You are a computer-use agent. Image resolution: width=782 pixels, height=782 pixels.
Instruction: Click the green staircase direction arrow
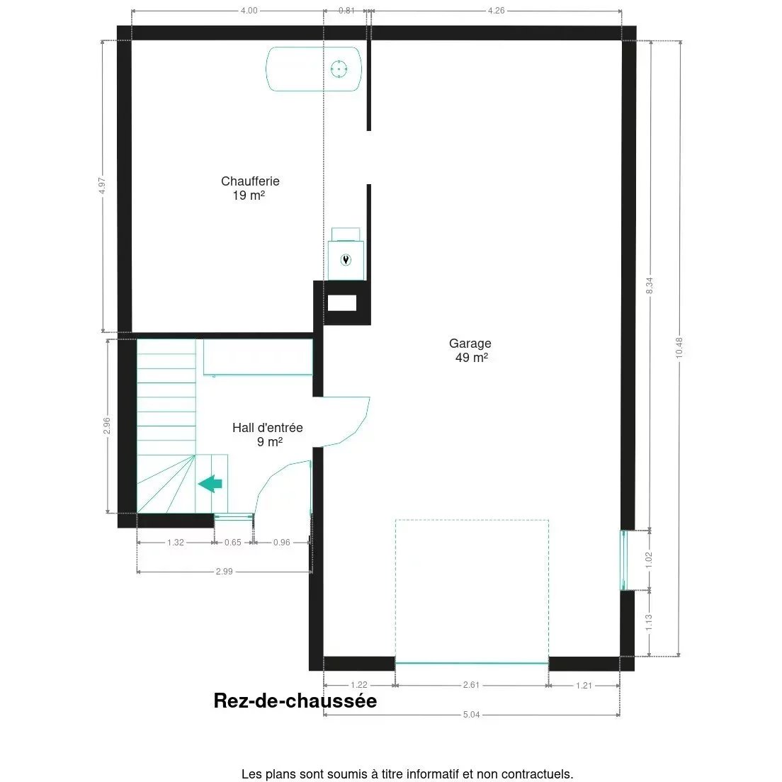pyautogui.click(x=210, y=484)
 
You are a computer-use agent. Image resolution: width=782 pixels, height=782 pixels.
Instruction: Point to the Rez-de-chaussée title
pyautogui.click(x=295, y=701)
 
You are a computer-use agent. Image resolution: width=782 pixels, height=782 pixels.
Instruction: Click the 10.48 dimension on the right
pyautogui.click(x=679, y=347)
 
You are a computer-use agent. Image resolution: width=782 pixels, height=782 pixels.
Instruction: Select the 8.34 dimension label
pyautogui.click(x=650, y=285)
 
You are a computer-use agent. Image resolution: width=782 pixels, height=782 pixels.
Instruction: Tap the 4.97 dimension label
pyautogui.click(x=103, y=186)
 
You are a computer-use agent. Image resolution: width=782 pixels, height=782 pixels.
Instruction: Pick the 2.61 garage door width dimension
pyautogui.click(x=471, y=685)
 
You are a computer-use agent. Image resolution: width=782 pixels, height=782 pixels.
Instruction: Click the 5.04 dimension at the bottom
pyautogui.click(x=471, y=715)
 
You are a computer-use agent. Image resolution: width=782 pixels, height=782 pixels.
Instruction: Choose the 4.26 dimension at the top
pyautogui.click(x=496, y=11)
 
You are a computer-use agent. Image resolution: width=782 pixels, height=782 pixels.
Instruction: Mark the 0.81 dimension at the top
pyautogui.click(x=346, y=11)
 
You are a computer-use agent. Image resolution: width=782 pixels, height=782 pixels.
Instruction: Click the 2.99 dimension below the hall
pyautogui.click(x=224, y=572)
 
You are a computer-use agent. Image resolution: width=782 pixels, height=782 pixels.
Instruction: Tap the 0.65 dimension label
pyautogui.click(x=232, y=543)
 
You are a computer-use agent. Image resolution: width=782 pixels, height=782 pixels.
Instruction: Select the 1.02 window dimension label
pyautogui.click(x=649, y=560)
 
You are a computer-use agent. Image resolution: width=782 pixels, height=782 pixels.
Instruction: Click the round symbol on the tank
pyautogui.click(x=339, y=69)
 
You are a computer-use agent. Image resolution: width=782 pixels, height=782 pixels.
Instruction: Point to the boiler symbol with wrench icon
pyautogui.click(x=346, y=259)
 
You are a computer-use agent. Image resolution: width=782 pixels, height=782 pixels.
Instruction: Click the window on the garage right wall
pyautogui.click(x=624, y=560)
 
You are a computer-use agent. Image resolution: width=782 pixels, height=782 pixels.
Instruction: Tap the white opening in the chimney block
pyautogui.click(x=341, y=303)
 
